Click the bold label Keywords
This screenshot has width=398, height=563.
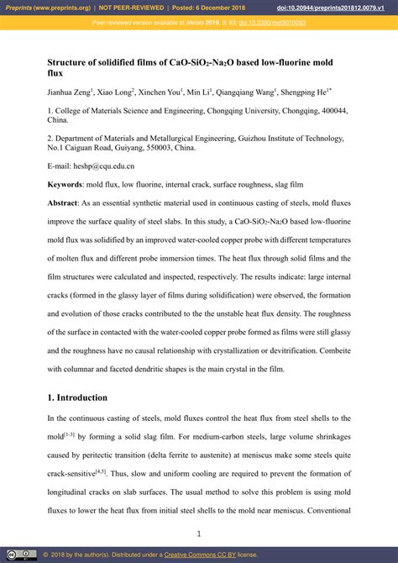tap(65, 183)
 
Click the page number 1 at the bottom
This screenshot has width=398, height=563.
tap(199, 533)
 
